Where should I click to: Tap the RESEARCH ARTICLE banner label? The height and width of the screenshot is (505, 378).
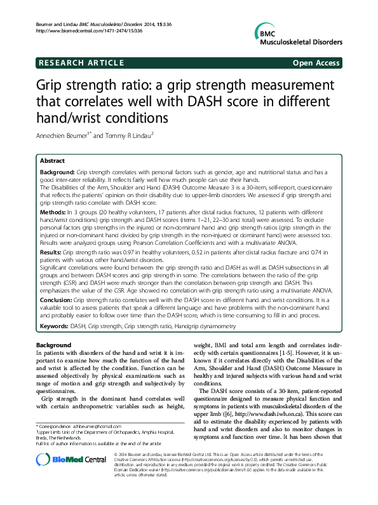pos(80,63)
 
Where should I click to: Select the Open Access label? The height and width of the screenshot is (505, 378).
pos(317,63)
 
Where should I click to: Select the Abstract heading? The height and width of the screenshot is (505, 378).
pos(54,162)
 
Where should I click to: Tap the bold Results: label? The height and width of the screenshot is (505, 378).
pos(53,253)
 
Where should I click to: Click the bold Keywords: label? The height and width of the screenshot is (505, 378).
pos(55,326)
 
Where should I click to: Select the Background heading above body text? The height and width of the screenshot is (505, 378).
pos(54,345)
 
